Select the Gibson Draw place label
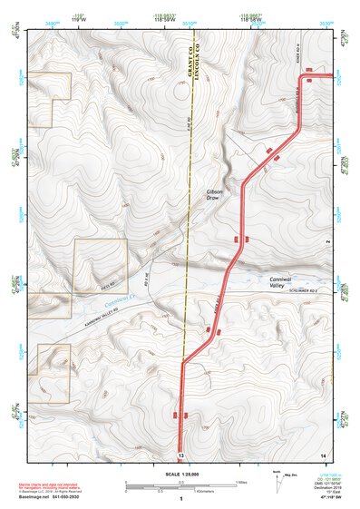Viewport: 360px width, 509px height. point(215,195)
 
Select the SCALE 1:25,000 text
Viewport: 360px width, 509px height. point(181,474)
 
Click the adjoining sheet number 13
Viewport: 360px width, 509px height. point(181,454)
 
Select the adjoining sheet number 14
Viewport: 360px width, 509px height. point(322,454)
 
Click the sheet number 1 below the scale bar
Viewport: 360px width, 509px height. point(181,500)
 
